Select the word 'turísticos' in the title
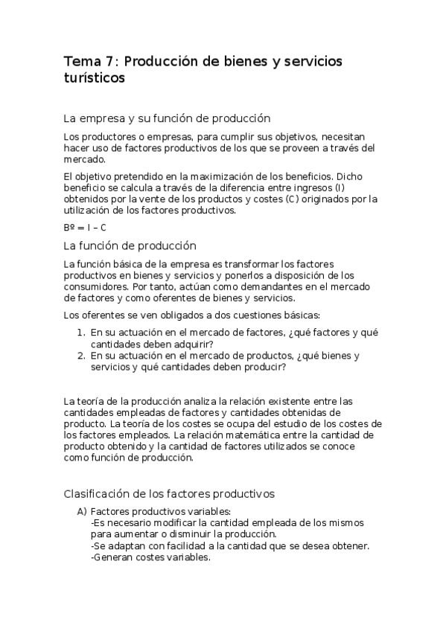pyautogui.click(x=95, y=77)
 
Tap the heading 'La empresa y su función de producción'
pyautogui.click(x=167, y=118)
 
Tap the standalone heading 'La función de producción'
pyautogui.click(x=130, y=246)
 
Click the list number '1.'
pyautogui.click(x=81, y=333)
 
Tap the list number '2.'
pyautogui.click(x=81, y=356)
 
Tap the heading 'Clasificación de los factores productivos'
pyautogui.click(x=170, y=493)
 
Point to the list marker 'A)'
pyautogui.click(x=82, y=512)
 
